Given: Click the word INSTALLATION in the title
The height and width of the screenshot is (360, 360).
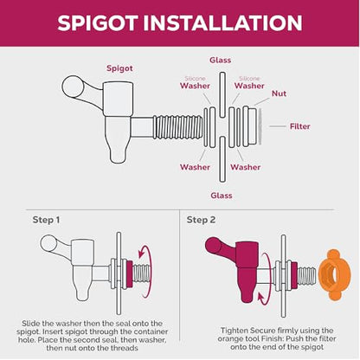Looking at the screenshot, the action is pyautogui.click(x=222, y=22).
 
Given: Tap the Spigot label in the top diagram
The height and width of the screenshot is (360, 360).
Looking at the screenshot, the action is pyautogui.click(x=119, y=68).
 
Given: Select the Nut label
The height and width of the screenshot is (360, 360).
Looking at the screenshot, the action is pyautogui.click(x=279, y=93).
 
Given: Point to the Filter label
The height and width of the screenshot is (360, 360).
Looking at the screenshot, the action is pyautogui.click(x=300, y=126).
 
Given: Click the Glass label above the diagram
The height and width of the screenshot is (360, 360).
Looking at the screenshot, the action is pyautogui.click(x=221, y=60).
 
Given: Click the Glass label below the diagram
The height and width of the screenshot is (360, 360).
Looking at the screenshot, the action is pyautogui.click(x=222, y=196).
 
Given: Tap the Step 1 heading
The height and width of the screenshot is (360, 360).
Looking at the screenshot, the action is pyautogui.click(x=46, y=220).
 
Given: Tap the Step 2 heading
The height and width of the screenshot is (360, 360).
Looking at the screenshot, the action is pyautogui.click(x=201, y=220).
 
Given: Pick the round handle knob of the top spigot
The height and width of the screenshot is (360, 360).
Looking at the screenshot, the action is pyautogui.click(x=72, y=87).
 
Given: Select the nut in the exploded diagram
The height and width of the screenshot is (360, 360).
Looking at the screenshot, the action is pyautogui.click(x=250, y=126).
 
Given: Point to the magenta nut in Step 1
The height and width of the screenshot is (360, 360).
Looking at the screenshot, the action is pyautogui.click(x=130, y=274).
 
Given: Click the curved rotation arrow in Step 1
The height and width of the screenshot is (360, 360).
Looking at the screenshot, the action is pyautogui.click(x=148, y=271).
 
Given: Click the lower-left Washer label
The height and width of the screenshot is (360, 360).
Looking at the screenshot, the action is pyautogui.click(x=195, y=167).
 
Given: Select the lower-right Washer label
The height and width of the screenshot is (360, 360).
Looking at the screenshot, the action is pyautogui.click(x=246, y=167).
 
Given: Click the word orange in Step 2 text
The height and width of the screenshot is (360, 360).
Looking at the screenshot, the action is pyautogui.click(x=230, y=338).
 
